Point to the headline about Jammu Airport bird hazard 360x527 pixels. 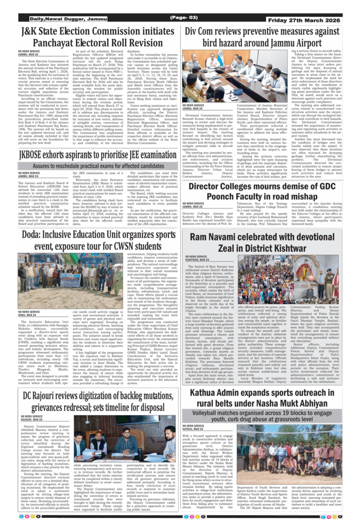pos(268,37)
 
